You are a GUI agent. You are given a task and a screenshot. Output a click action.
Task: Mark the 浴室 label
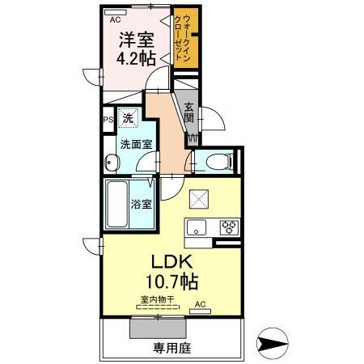click(x=142, y=203)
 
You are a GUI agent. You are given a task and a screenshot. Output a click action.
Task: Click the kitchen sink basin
click(x=197, y=226)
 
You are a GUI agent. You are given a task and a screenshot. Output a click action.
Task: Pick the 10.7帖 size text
click(x=170, y=284)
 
